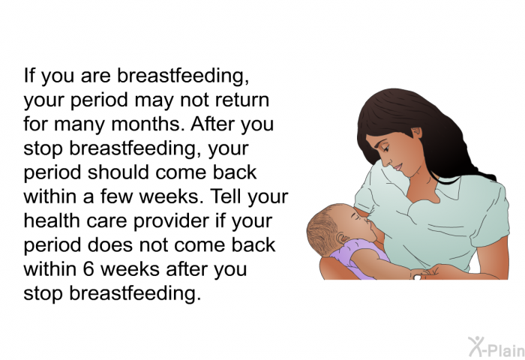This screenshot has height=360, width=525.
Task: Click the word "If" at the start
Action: point(29,75)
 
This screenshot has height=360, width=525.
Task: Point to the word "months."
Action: point(148,124)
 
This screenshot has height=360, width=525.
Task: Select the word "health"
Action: point(52,220)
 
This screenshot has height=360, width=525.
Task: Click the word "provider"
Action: point(171,222)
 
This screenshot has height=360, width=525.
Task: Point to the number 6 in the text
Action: point(88,269)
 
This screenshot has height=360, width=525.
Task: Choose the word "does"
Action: point(110,244)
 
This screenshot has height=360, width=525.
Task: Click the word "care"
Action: point(106,222)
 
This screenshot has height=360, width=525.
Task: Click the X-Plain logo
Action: point(496,346)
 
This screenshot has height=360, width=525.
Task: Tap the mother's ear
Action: point(417,133)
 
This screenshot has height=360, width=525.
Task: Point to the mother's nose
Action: point(388,160)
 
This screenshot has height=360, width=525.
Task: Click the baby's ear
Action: point(343,238)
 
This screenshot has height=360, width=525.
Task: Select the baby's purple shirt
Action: point(358,256)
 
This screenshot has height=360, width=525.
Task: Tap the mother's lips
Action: point(397,166)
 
